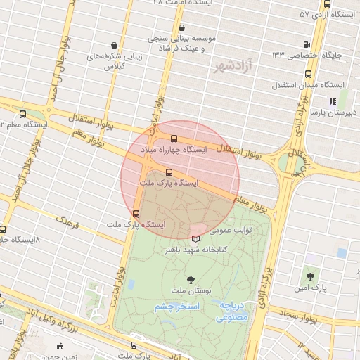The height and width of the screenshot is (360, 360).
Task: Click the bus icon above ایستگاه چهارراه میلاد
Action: coord(174,139)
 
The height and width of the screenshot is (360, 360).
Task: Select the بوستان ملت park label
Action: coord(188,291)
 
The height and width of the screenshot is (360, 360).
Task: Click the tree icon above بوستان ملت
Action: coord(189,280)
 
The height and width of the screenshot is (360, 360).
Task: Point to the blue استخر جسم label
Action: coord(178,307)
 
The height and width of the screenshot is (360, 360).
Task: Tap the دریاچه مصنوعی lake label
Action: coord(230,312)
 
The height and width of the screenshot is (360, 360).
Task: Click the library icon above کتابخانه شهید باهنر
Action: coord(195,239)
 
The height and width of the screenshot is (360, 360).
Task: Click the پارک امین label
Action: coord(318,288)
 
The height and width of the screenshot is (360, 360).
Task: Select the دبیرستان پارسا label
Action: coord(335,112)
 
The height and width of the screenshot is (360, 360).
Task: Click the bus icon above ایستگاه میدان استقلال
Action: coord(308,73)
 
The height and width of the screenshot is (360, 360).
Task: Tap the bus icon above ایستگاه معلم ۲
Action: coord(23,115)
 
